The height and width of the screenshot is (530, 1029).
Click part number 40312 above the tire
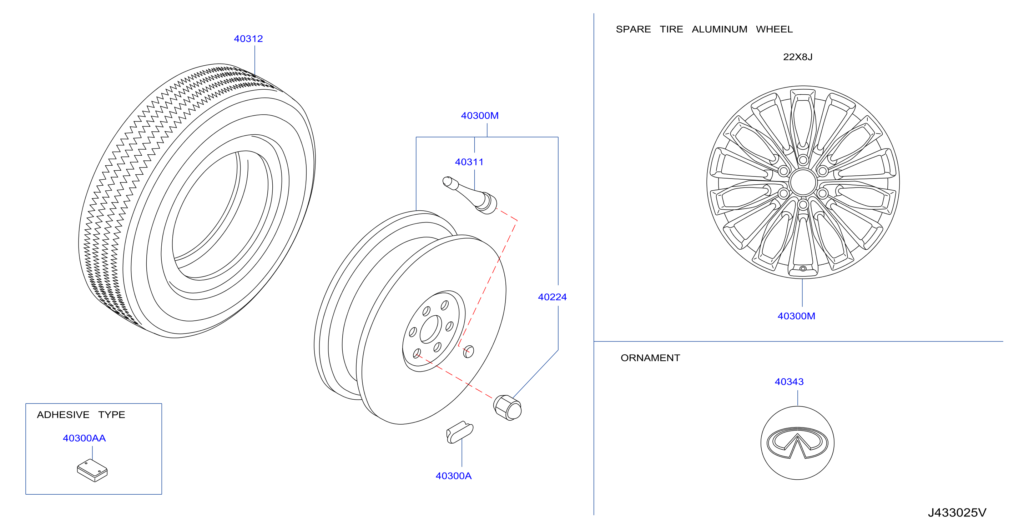coord(248,39)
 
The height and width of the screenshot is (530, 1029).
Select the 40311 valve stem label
coord(469,162)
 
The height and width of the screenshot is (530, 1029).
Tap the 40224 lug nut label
coord(552,297)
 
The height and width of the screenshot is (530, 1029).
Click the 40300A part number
coord(453,476)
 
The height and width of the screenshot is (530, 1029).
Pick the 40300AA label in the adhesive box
coord(84,438)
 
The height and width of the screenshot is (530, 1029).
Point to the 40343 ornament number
coord(789,382)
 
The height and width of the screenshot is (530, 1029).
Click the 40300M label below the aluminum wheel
coord(796,316)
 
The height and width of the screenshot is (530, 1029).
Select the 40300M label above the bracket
coord(480,115)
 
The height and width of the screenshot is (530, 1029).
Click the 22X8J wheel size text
coord(797,57)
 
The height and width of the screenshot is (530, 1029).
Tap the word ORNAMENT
coord(650,358)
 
